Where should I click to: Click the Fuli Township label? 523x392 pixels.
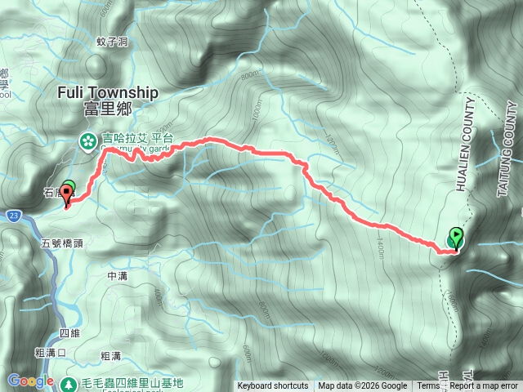point(108,93)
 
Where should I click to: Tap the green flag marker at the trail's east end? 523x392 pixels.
point(455,238)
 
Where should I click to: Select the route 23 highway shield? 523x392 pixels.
point(16,215)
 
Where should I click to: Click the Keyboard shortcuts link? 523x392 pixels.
point(273,386)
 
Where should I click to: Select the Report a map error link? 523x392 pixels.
point(485,386)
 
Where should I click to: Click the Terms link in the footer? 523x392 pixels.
point(427,386)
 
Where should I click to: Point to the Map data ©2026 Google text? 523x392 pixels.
point(362,386)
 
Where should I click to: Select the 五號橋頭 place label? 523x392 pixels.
point(61,243)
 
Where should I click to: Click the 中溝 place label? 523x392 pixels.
point(118,276)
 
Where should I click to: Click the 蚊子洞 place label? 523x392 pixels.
point(112,40)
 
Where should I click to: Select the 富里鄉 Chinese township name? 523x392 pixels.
point(107,110)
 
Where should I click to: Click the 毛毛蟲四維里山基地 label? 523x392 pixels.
point(131,382)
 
